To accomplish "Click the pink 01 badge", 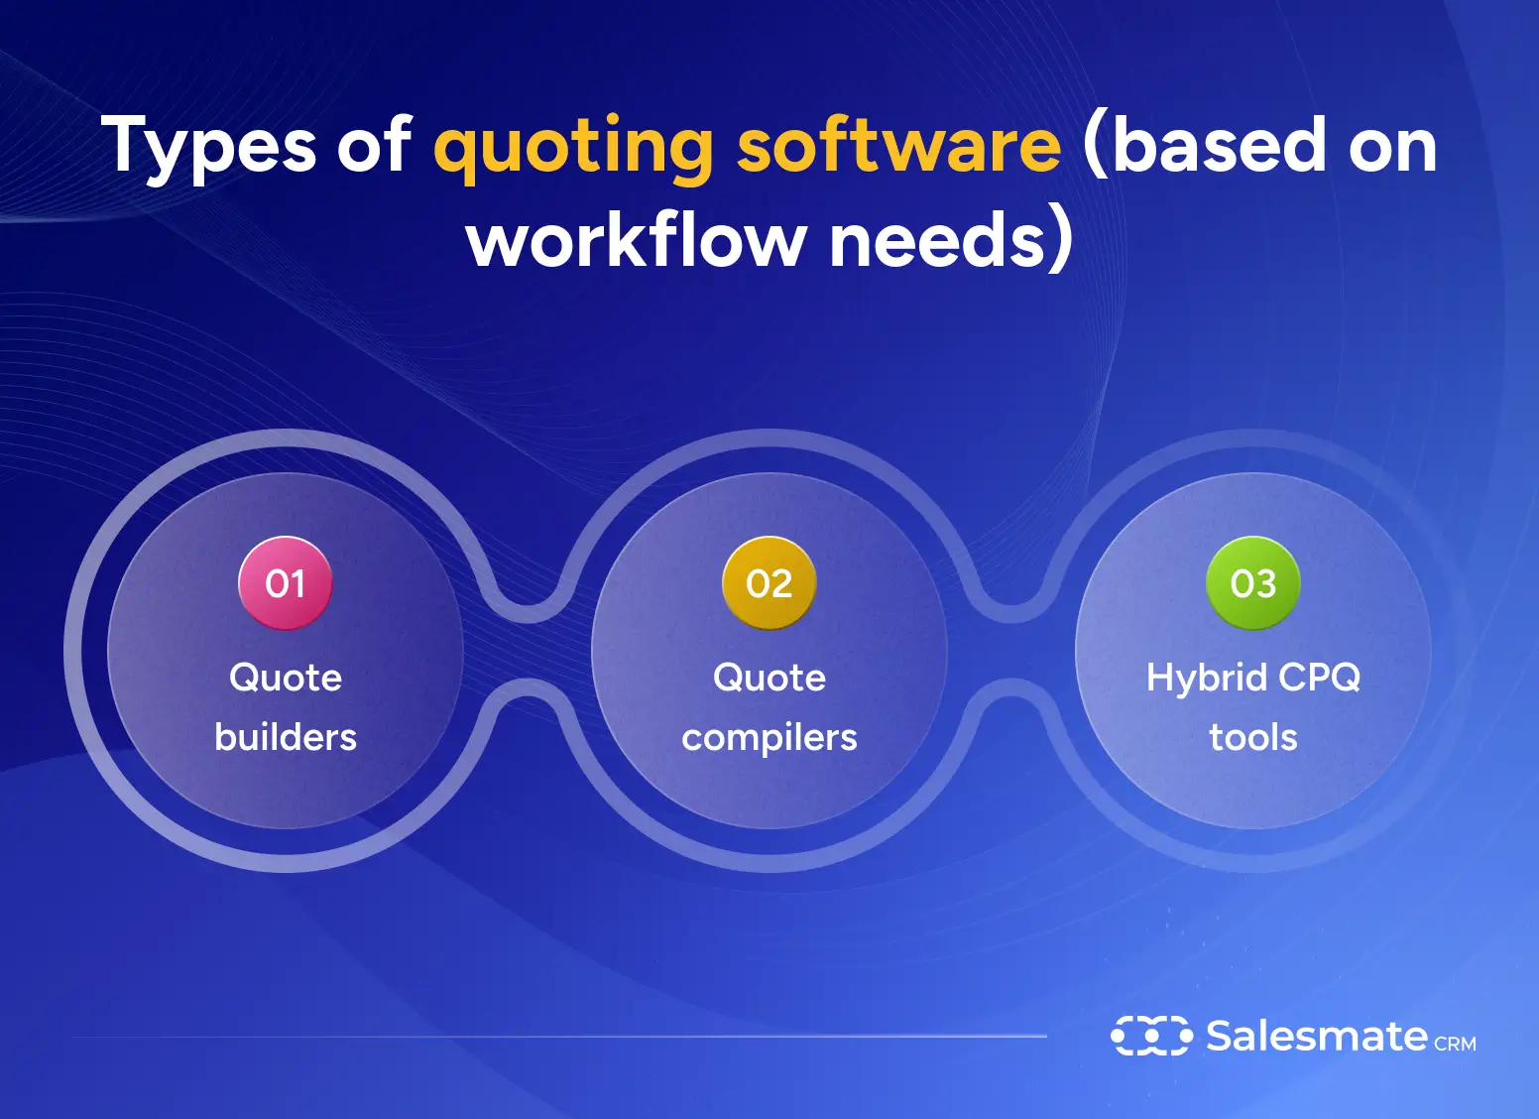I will click(x=286, y=583).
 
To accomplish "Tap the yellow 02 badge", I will click(x=769, y=583).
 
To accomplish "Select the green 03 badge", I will click(x=1253, y=583).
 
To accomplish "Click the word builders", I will click(x=286, y=737).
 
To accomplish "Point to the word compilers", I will click(x=769, y=738).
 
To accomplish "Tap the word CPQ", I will click(x=1320, y=678).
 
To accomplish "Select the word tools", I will click(x=1253, y=737).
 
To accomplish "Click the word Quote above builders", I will click(x=286, y=678).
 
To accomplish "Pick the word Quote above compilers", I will click(x=769, y=678).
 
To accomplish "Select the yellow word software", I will click(x=898, y=145).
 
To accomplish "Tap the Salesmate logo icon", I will click(x=1151, y=1036).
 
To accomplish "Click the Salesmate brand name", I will click(x=1316, y=1036).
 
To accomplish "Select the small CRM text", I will click(x=1455, y=1044).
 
